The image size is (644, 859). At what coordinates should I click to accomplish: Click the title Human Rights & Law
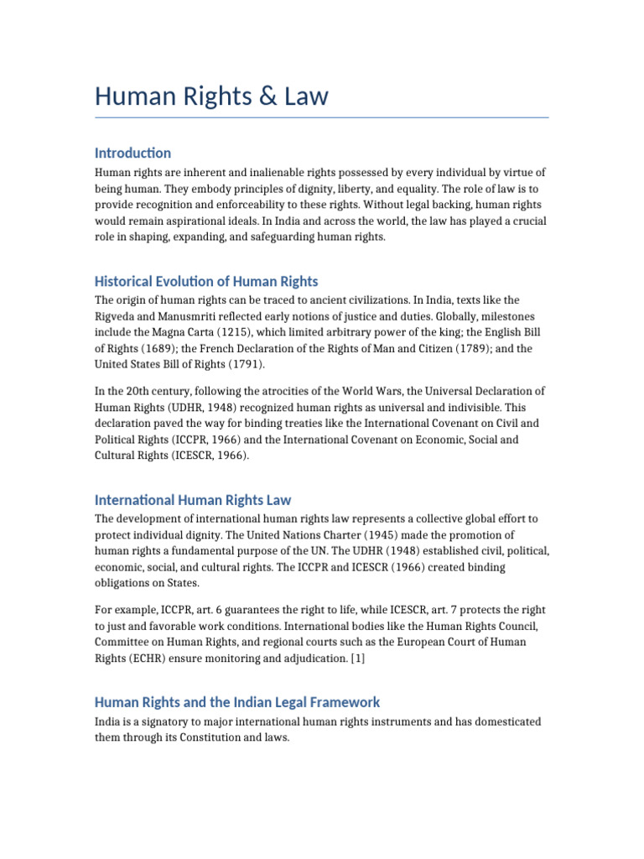point(211,96)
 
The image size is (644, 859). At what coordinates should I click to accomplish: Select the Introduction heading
point(132,153)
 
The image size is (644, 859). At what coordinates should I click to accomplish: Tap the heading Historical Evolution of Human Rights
point(206,281)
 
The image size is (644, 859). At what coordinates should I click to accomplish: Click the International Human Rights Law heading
point(193,500)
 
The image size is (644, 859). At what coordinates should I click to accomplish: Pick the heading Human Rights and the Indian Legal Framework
point(237,702)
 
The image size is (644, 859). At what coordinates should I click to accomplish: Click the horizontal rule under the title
point(322,117)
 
